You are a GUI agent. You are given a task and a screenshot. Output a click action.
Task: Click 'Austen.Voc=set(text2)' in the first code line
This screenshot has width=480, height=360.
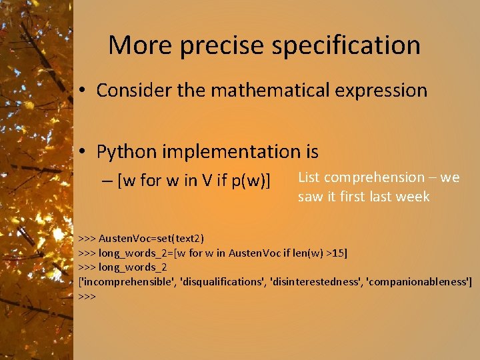point(151,238)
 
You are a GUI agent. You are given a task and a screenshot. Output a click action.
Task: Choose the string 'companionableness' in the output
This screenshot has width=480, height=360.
point(417,282)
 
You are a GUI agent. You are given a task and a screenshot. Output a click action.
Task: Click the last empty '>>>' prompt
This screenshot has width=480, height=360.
point(87,296)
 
